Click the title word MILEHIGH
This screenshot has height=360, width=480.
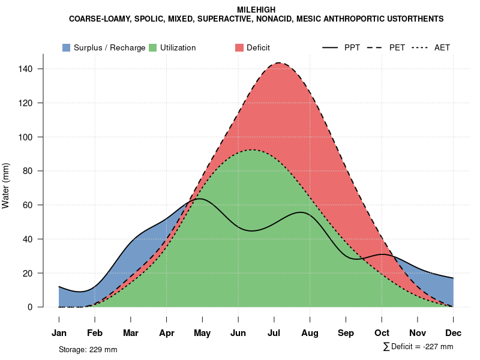pos(256,10)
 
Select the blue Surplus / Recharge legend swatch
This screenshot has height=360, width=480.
pos(67,47)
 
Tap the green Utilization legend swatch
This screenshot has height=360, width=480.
pos(153,47)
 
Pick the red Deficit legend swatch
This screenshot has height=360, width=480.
pos(239,47)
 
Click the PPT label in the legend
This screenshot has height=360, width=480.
pos(352,47)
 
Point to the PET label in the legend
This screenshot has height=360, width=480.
pos(397,47)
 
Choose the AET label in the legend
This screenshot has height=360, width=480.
pos(442,47)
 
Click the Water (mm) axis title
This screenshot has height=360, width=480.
pos(6,186)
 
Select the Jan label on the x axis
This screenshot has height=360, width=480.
pos(59,333)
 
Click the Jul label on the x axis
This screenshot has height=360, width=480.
pos(274,333)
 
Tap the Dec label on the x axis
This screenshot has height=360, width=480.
pos(453,333)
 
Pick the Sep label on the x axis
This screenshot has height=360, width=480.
pos(346,333)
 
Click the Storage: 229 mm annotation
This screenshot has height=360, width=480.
pos(88,349)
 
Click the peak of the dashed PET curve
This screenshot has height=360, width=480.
pos(278,62)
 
